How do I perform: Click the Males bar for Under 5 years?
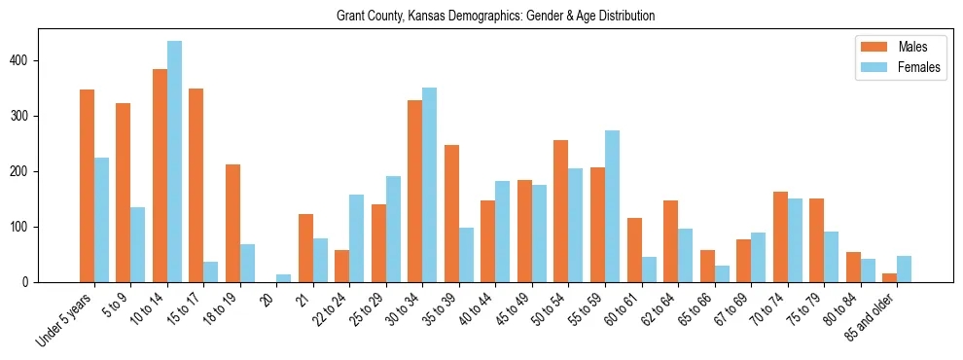(87, 186)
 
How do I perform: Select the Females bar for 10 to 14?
(174, 162)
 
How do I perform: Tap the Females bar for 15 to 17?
(211, 271)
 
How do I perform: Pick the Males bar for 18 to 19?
(232, 223)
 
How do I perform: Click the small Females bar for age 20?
(284, 278)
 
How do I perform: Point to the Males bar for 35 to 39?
(451, 213)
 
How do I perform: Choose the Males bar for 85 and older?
(889, 278)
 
